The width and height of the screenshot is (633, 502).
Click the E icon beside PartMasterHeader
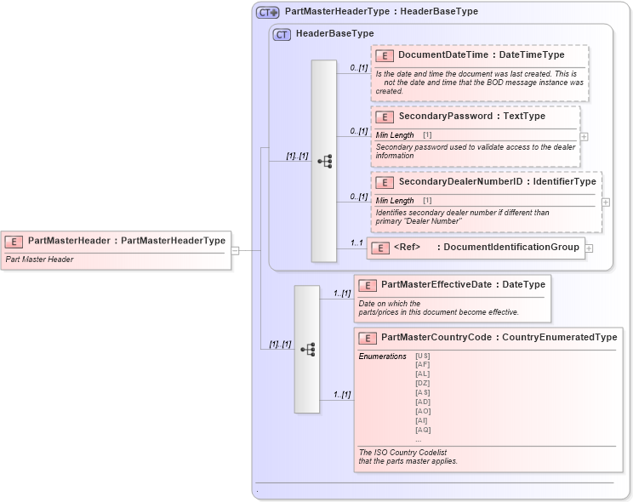pos(15,241)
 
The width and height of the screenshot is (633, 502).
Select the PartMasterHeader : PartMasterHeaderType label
pos(126,241)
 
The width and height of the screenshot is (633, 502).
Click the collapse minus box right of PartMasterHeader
pos(235,250)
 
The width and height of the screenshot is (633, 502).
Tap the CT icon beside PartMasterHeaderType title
pos(268,12)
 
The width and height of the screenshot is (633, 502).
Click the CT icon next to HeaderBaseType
pos(282,34)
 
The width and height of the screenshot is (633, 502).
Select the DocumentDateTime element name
pos(443,55)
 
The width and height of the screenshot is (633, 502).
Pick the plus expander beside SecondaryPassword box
pos(584,136)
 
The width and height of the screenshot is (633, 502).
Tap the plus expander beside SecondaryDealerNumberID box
pos(605,202)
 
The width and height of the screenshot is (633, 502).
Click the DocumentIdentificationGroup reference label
pos(511,248)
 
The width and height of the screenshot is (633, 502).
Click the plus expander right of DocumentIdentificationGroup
pos(589,248)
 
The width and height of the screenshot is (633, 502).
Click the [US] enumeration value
pos(422,356)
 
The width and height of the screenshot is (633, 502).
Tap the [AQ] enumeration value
pos(422,430)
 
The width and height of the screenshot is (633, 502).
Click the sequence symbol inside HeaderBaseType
pos(324,161)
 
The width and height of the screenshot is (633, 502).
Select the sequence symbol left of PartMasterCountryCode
pos(307,349)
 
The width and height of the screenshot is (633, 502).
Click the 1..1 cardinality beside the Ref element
pos(357,243)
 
